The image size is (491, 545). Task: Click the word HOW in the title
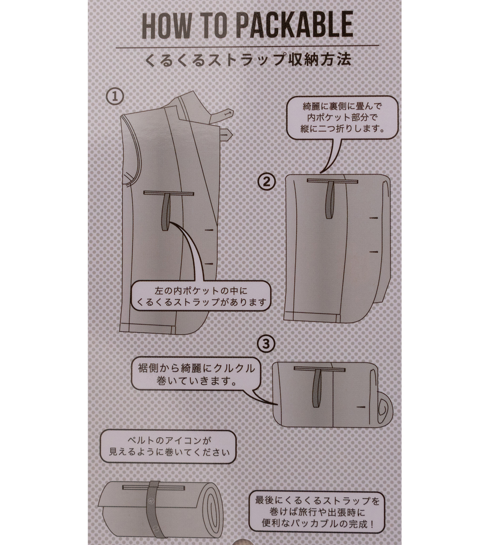tap(166, 26)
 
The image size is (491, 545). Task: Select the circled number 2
tap(266, 182)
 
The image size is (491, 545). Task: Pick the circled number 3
tap(266, 344)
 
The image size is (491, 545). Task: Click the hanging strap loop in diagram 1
tap(165, 213)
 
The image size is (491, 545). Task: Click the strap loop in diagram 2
tap(331, 199)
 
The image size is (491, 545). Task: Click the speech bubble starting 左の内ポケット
tap(201, 297)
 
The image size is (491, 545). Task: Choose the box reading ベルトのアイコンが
tap(168, 446)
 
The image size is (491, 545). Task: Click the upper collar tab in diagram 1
tap(222, 115)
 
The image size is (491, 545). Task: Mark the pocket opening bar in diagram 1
tap(169, 193)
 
